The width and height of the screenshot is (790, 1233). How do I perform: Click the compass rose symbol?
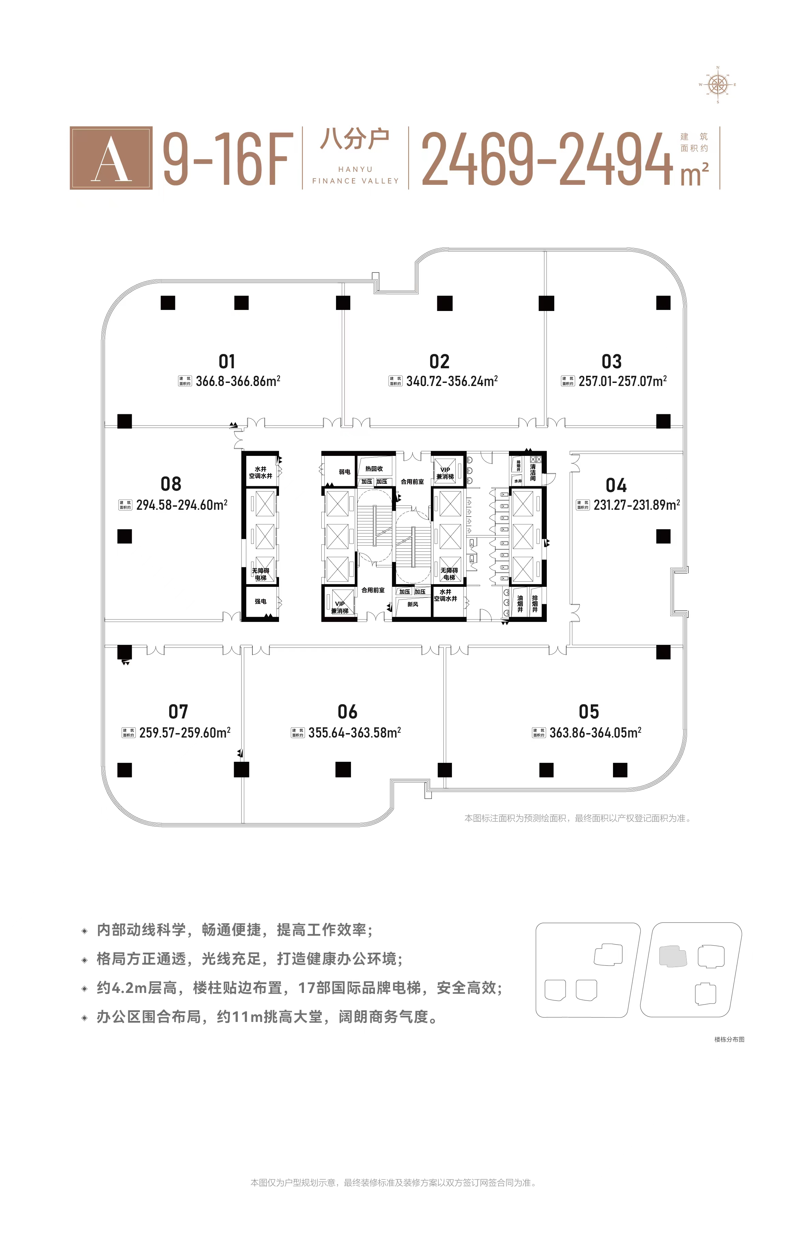coord(718,85)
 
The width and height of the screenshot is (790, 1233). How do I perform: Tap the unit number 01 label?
coord(227,361)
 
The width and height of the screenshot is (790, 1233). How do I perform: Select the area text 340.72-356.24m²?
coord(451,381)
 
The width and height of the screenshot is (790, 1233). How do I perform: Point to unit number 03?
coord(612,361)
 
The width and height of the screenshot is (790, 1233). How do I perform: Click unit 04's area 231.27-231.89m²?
coord(637,505)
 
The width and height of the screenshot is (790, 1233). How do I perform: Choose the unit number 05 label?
coord(589,712)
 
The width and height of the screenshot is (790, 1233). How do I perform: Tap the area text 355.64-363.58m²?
coord(354,733)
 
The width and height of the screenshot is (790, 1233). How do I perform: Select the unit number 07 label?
coord(178,712)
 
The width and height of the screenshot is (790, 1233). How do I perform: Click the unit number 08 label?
coord(171,484)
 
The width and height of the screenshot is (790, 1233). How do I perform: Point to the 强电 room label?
coord(261,601)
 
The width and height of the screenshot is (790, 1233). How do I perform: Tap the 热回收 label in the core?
coord(374,469)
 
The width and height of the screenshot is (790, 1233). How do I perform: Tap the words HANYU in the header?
coord(355,169)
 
